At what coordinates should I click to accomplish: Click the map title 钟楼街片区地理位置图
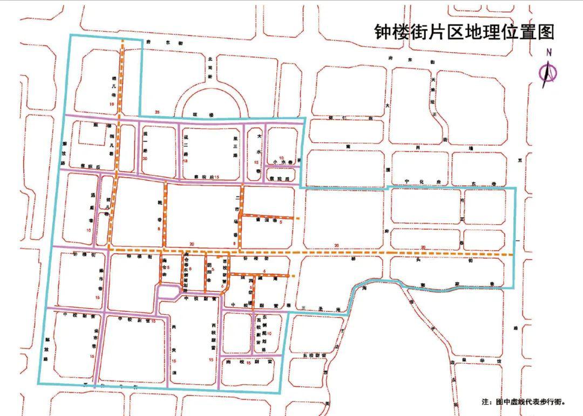point(464,32)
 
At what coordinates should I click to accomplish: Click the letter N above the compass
point(549,53)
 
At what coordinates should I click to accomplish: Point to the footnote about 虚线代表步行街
point(523,401)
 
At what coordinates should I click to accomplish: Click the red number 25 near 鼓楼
point(158,112)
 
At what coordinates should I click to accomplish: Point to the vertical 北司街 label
point(209,67)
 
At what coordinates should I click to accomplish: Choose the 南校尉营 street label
point(248,363)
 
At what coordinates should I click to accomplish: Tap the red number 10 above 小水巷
point(281,157)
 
